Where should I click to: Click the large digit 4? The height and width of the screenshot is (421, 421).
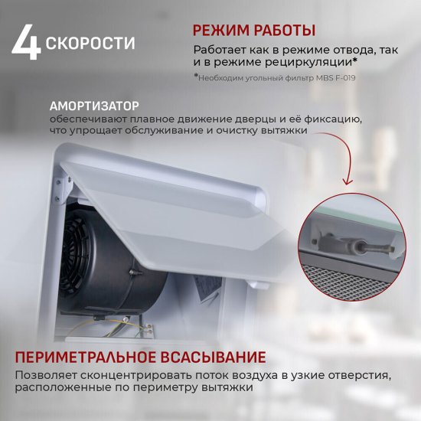pyautogui.click(x=25, y=43)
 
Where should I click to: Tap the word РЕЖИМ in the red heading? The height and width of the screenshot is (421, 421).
pyautogui.click(x=221, y=31)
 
